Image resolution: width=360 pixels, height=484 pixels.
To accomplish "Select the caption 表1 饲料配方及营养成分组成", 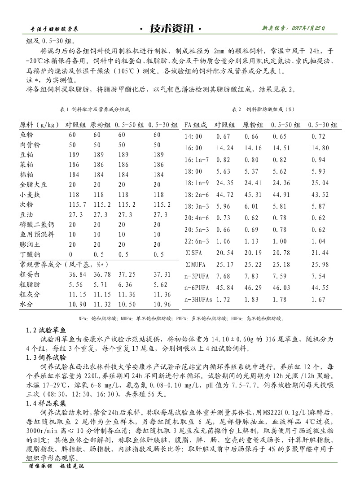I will pyautogui.click(x=91, y=109).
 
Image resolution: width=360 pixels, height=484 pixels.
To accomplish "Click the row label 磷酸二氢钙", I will pyautogui.click(x=36, y=225).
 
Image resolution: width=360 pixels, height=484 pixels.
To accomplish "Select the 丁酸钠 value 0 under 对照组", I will pyautogui.click(x=70, y=254).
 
